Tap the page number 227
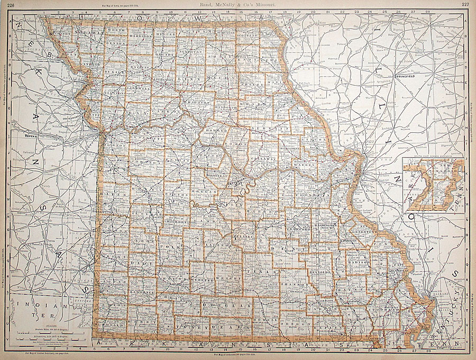tap(465, 4)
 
